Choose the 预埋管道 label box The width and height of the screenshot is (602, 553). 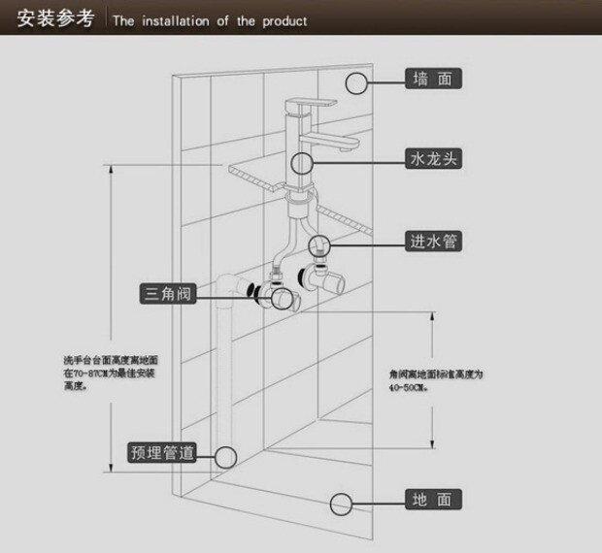(163, 453)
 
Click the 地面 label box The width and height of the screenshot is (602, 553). (432, 501)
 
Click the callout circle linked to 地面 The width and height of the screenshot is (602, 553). (340, 503)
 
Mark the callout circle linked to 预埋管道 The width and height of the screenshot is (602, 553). (225, 455)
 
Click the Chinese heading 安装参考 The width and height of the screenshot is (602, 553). (54, 18)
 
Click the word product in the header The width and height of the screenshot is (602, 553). (284, 20)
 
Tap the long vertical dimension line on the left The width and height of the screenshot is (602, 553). (113, 320)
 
